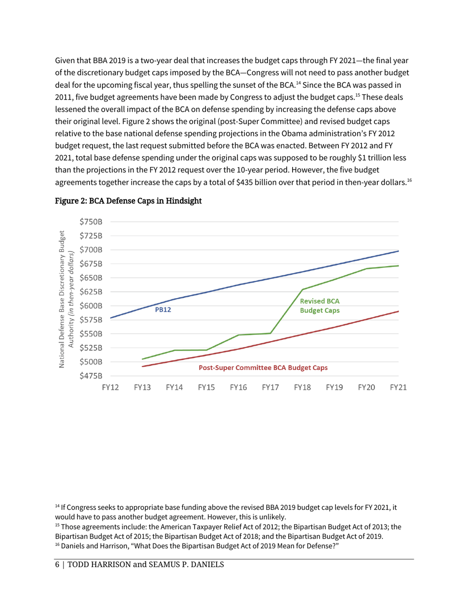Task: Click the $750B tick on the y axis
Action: click(x=90, y=222)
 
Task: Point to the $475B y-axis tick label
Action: click(x=90, y=375)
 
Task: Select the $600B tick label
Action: click(x=90, y=305)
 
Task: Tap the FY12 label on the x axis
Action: click(x=110, y=388)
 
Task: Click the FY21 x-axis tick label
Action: click(x=398, y=388)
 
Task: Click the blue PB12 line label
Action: click(x=163, y=310)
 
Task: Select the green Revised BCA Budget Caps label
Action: click(x=320, y=306)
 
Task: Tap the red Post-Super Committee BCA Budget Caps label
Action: click(x=263, y=368)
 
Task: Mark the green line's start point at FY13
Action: click(x=142, y=359)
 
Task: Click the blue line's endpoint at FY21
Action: click(x=398, y=251)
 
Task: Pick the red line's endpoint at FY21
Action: click(x=398, y=311)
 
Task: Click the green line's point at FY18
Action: click(x=302, y=289)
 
